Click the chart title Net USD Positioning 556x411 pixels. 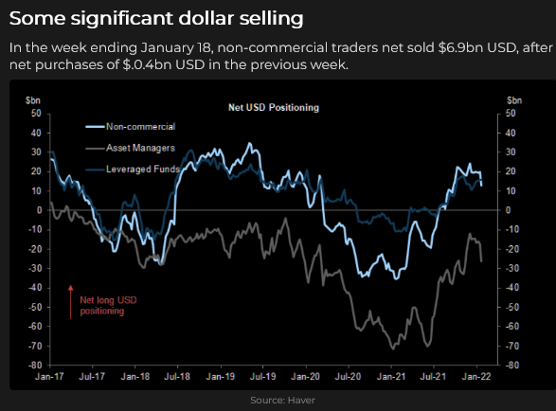point(274,107)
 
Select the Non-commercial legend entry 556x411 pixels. point(131,127)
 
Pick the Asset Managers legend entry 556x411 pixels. point(130,148)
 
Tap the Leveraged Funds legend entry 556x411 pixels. point(133,170)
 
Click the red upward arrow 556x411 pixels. point(70,302)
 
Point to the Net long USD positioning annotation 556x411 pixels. point(108,305)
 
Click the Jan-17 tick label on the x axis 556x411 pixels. point(49,376)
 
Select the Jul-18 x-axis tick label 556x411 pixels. point(177,376)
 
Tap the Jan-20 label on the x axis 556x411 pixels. point(305,376)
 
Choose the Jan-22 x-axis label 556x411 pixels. point(476,376)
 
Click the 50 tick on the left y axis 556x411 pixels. point(37,114)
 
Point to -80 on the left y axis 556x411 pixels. point(35,365)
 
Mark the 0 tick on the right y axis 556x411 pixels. point(508,210)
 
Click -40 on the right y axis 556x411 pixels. point(512,288)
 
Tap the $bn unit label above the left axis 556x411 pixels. point(33,100)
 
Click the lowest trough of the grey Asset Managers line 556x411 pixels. point(393,349)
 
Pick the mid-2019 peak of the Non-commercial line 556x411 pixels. point(250,143)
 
